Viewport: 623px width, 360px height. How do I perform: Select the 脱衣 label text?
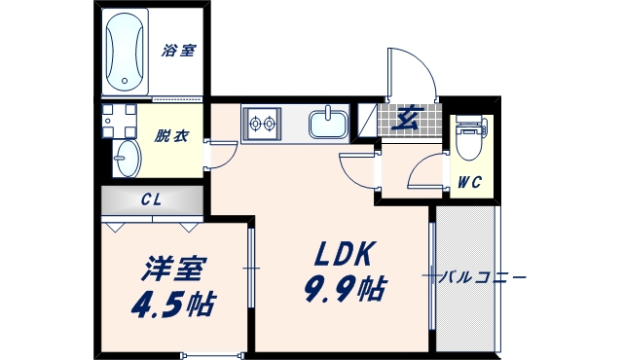[x=171, y=136]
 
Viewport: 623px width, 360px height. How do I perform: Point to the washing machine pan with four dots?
[x=119, y=122]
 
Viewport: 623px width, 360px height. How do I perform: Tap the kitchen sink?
[x=329, y=125]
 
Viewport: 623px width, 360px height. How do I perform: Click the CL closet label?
[x=151, y=199]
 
